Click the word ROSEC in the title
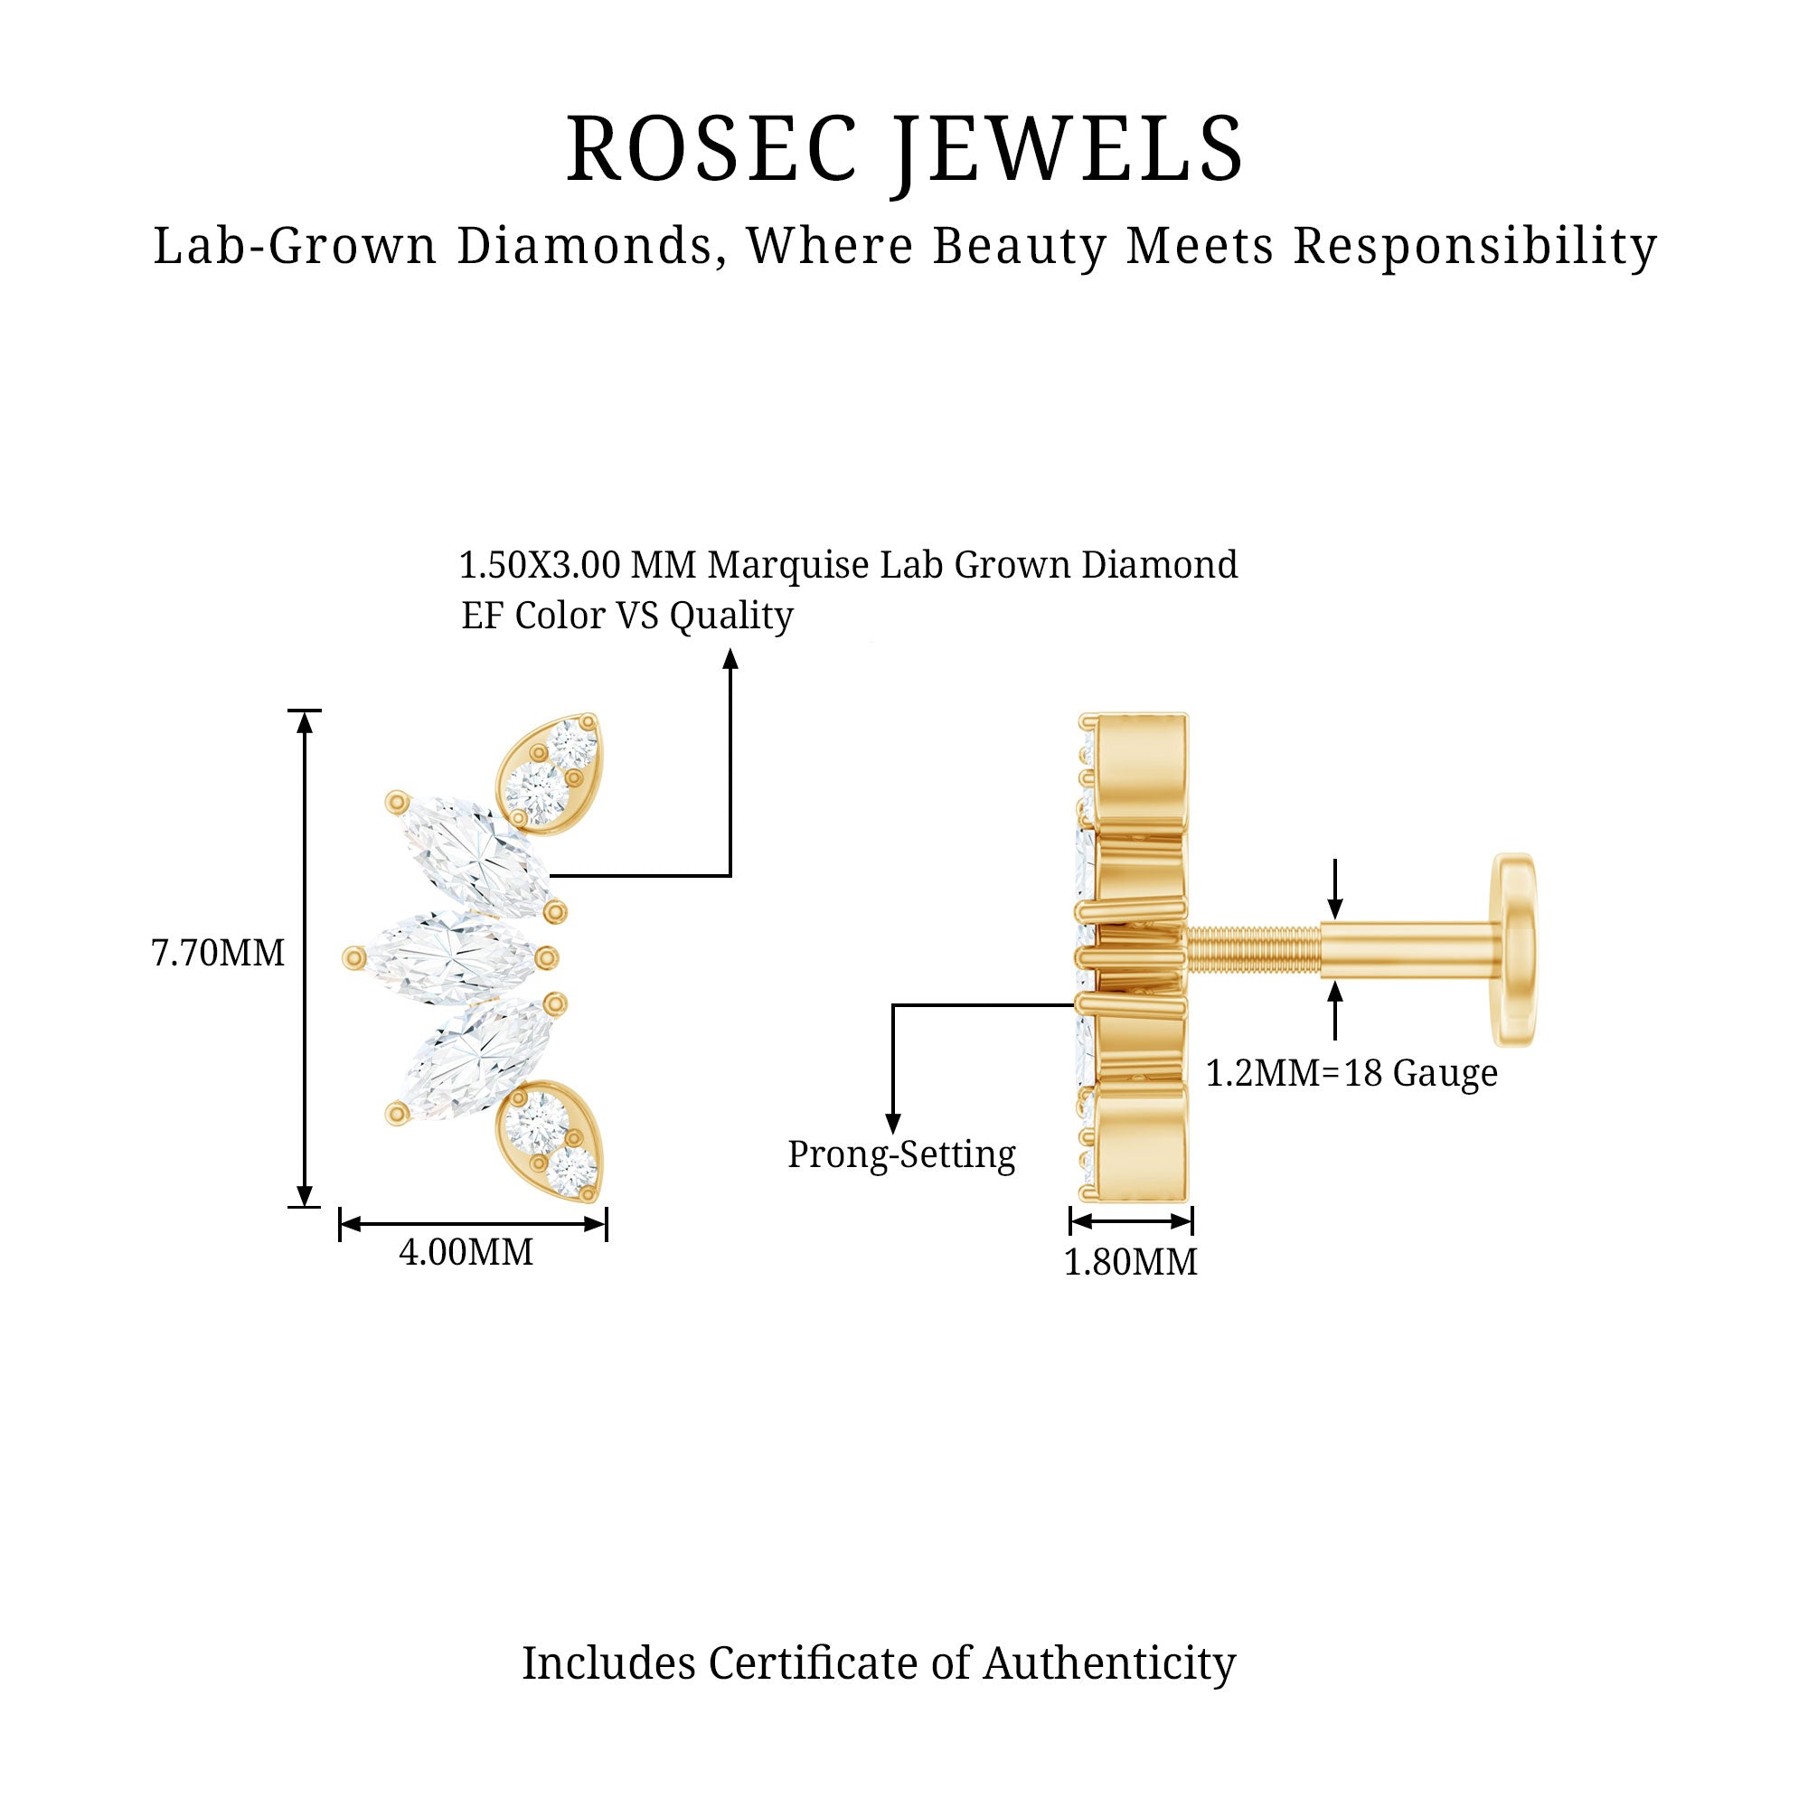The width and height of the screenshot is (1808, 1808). pyautogui.click(x=711, y=150)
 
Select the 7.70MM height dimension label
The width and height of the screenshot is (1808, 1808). pyautogui.click(x=217, y=954)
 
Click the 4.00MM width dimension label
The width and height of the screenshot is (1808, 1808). pyautogui.click(x=466, y=1252)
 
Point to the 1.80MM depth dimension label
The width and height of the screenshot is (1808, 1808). pyautogui.click(x=1131, y=1262)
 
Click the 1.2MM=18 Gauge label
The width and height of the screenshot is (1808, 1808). pyautogui.click(x=1351, y=1073)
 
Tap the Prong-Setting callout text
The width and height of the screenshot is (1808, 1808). pyautogui.click(x=901, y=1154)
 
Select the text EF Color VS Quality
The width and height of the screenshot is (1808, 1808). pyautogui.click(x=627, y=616)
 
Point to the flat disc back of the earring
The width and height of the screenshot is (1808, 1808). pyautogui.click(x=1514, y=950)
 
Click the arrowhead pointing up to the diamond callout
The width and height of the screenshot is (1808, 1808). pyautogui.click(x=730, y=660)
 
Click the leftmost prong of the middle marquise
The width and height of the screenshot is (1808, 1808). pyautogui.click(x=353, y=956)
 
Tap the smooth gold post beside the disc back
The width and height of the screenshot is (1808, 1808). pyautogui.click(x=1404, y=950)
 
